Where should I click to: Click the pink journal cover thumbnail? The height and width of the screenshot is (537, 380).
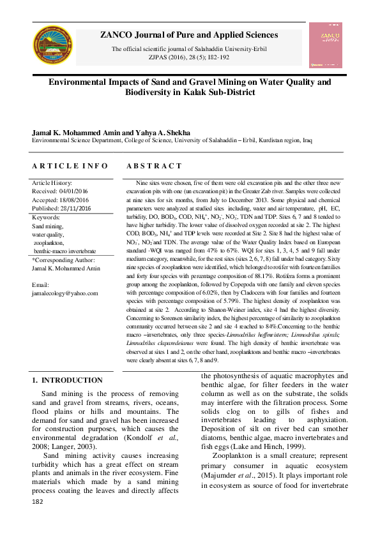pos(324,46)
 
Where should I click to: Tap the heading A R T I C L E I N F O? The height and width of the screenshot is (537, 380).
pos(70,166)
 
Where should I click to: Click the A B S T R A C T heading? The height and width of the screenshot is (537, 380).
pos(154,166)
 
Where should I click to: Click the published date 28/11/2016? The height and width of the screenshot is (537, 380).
pos(73,208)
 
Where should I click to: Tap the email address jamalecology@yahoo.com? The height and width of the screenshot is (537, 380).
pos(65,293)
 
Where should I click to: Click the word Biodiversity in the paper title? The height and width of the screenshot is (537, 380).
pos(154,92)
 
